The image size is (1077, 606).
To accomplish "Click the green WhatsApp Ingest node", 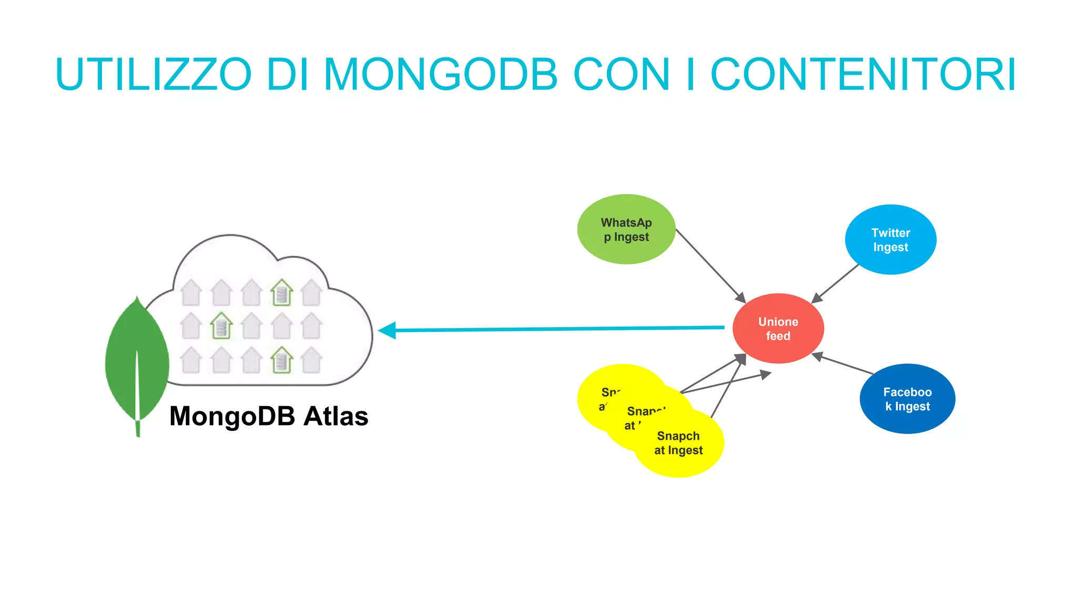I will point(626,229).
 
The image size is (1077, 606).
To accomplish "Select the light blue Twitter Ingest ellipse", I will point(890,240).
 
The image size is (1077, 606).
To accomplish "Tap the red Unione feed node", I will point(778,329).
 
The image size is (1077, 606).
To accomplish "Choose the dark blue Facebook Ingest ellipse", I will point(907,399).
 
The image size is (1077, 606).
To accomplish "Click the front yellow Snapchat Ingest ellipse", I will point(678,445).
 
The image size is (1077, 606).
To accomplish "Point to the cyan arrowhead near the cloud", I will point(387,330).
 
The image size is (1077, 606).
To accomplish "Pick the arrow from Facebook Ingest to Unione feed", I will point(844,364).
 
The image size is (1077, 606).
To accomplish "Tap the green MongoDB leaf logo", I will point(137,363).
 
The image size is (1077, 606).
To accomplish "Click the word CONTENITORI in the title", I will point(862,74).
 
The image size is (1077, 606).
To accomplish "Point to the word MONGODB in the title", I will point(440,74).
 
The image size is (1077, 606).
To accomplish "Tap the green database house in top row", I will point(282,292).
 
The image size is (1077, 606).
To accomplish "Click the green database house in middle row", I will point(221,326).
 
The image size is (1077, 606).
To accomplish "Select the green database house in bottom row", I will point(282,360).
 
